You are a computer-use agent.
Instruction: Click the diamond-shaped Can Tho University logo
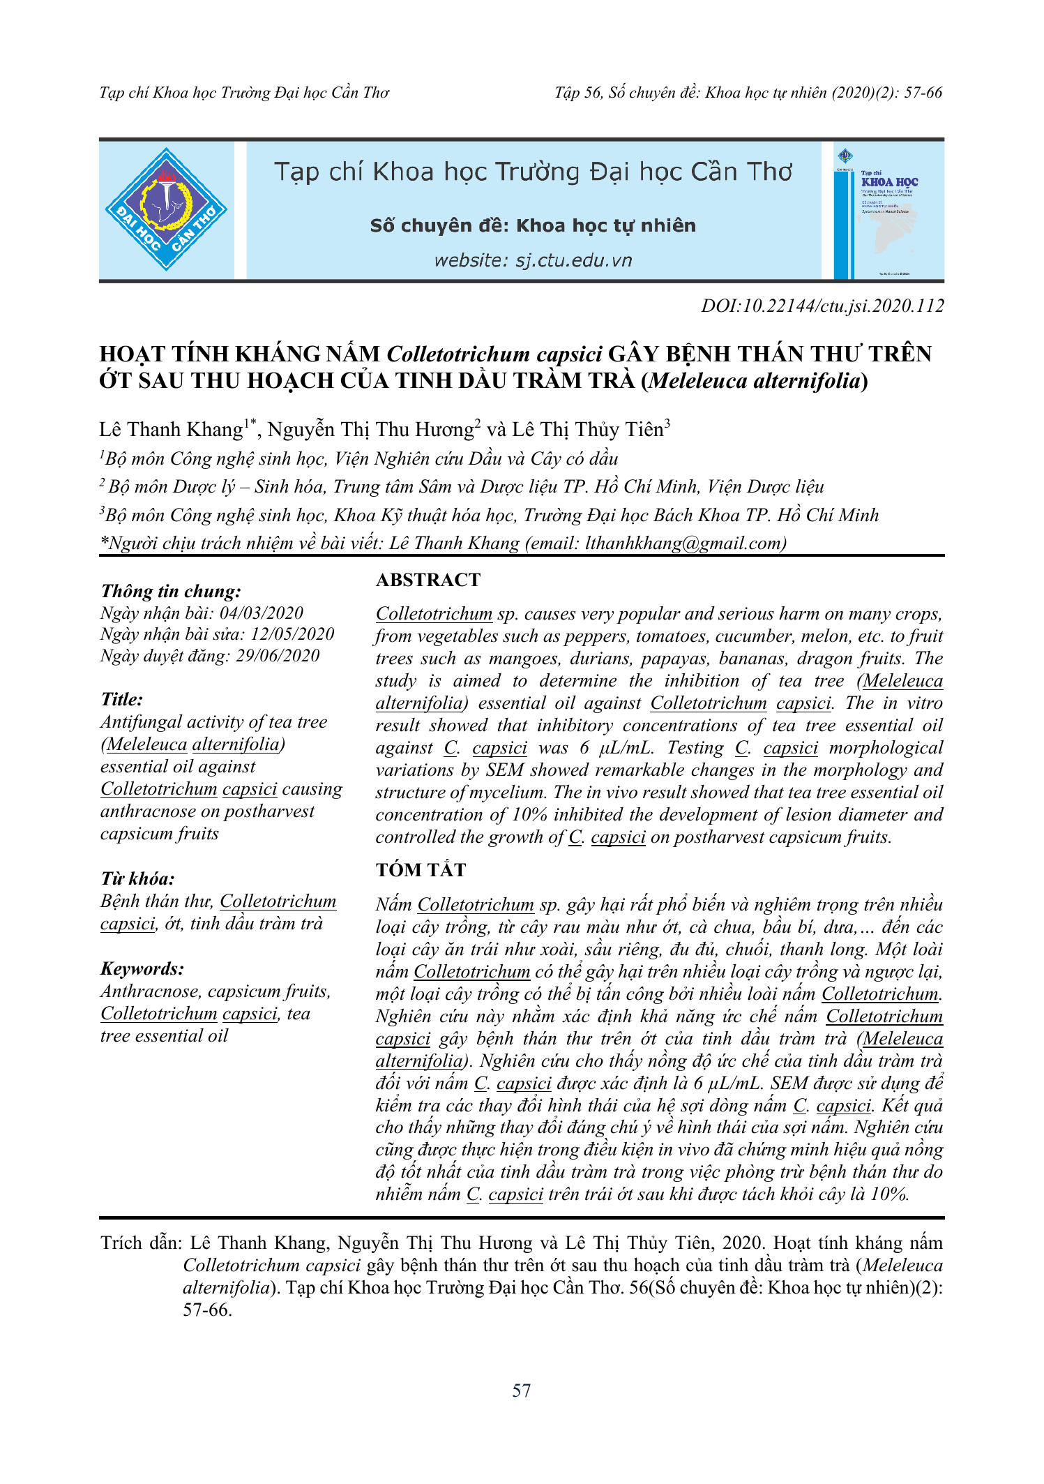[166, 209]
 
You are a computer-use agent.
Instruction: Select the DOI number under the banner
[822, 306]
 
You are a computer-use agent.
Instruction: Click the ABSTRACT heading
[428, 580]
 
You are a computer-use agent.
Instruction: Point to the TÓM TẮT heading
[421, 870]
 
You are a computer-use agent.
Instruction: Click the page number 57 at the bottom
[522, 1391]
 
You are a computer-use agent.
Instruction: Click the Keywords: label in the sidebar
[142, 968]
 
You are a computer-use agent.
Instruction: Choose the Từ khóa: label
[137, 878]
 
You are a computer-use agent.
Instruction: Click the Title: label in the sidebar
[122, 700]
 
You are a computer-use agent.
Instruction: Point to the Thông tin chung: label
[171, 592]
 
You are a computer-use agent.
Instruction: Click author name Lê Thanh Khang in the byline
[171, 430]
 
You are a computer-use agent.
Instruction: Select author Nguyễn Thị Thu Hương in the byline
[371, 430]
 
